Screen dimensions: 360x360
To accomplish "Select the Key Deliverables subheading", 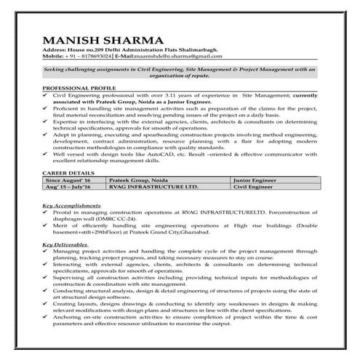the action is pos(66,244).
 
